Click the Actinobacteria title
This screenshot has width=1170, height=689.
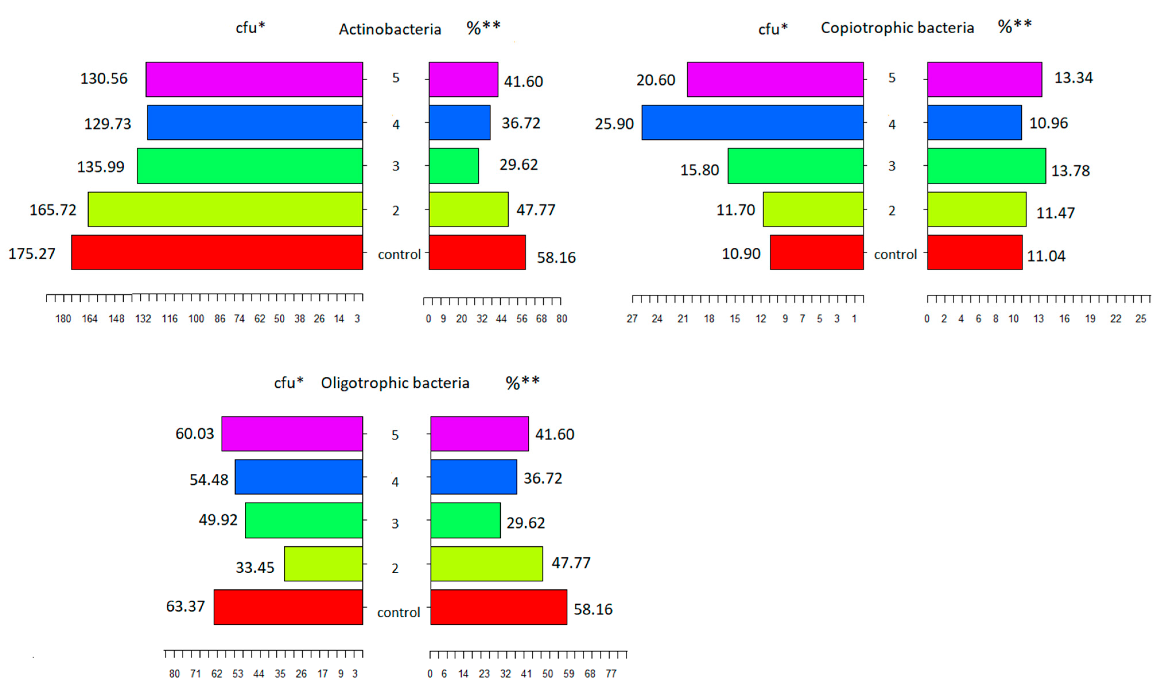[390, 29]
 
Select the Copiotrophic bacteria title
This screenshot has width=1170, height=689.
[897, 28]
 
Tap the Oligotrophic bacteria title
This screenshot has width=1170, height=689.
[395, 383]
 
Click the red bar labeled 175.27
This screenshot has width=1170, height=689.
[217, 252]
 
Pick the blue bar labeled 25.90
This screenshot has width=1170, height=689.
[752, 123]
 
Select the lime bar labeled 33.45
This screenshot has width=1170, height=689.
[323, 564]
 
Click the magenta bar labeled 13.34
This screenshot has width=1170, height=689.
[984, 79]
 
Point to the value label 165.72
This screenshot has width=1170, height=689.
[53, 210]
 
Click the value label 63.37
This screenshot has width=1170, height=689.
[185, 606]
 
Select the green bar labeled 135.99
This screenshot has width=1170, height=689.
[250, 166]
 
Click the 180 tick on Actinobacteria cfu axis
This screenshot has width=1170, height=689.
[63, 319]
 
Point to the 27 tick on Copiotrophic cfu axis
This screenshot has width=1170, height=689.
[632, 319]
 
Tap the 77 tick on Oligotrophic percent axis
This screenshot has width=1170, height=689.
[611, 674]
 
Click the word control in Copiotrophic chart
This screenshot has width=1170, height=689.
[895, 255]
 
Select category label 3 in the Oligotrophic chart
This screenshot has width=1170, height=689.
[395, 524]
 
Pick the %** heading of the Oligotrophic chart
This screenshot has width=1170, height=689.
[522, 383]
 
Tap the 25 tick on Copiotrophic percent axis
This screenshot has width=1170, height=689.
[1140, 319]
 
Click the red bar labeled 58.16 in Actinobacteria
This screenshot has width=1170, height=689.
[477, 252]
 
